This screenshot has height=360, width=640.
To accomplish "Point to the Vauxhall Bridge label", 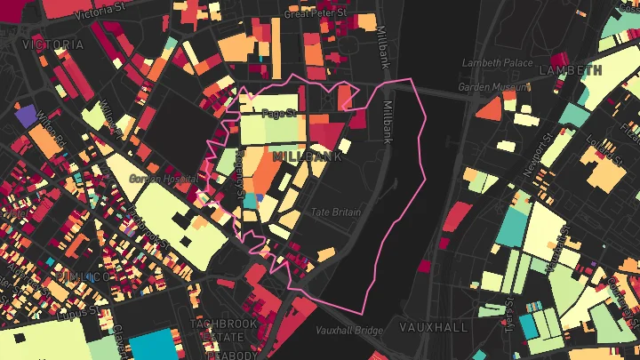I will [x=349, y=331].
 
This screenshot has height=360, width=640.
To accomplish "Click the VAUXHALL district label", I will [x=434, y=327].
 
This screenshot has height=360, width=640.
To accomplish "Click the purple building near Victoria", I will [x=25, y=115].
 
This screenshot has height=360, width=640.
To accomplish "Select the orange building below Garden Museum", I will [x=489, y=108].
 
